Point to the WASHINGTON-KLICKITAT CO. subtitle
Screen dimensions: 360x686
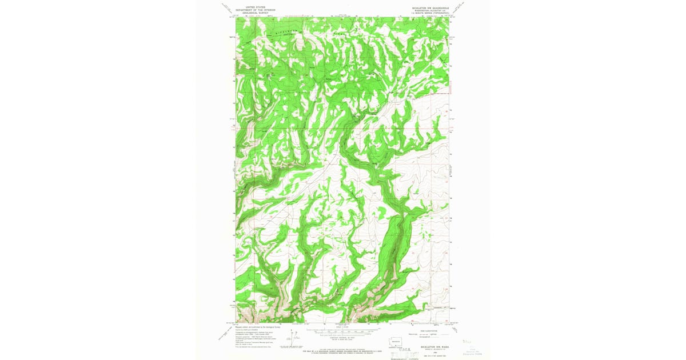pos(428,10)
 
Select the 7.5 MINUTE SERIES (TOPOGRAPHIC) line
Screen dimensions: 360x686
pos(428,13)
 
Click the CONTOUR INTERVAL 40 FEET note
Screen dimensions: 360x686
pos(342,337)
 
